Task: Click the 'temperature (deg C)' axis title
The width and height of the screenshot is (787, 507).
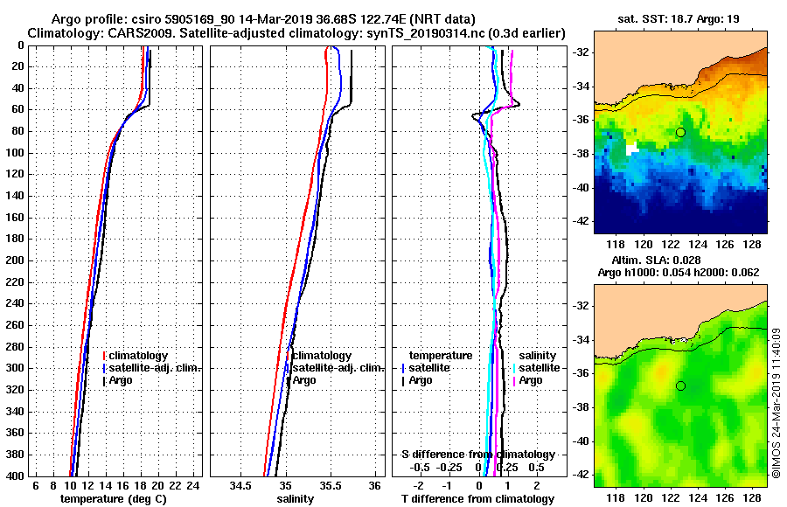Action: [113, 498]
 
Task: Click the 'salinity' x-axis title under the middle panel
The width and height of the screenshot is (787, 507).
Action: [296, 498]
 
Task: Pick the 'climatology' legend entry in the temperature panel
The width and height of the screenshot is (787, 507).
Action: [139, 356]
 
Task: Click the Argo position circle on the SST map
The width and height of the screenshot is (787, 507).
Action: [680, 132]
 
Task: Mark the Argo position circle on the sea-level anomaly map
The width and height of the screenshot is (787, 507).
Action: [680, 385]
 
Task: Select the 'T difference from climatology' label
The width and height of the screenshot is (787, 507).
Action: [477, 498]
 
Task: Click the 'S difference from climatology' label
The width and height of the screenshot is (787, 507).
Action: [477, 455]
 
